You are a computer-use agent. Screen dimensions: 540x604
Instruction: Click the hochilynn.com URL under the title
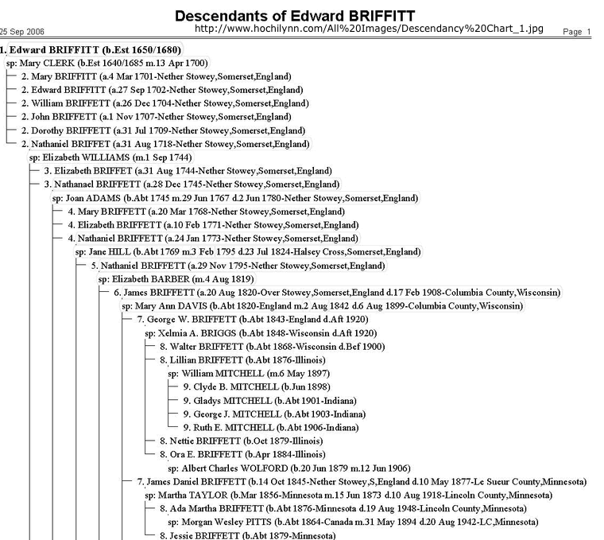click(369, 29)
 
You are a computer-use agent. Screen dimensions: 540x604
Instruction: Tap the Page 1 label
click(576, 33)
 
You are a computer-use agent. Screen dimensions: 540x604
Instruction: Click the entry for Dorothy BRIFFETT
click(163, 130)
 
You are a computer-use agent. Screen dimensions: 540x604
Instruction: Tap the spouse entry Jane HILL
click(248, 252)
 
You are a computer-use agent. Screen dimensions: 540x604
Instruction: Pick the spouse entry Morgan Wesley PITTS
click(353, 523)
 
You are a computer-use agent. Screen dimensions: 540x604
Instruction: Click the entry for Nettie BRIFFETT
click(241, 441)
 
